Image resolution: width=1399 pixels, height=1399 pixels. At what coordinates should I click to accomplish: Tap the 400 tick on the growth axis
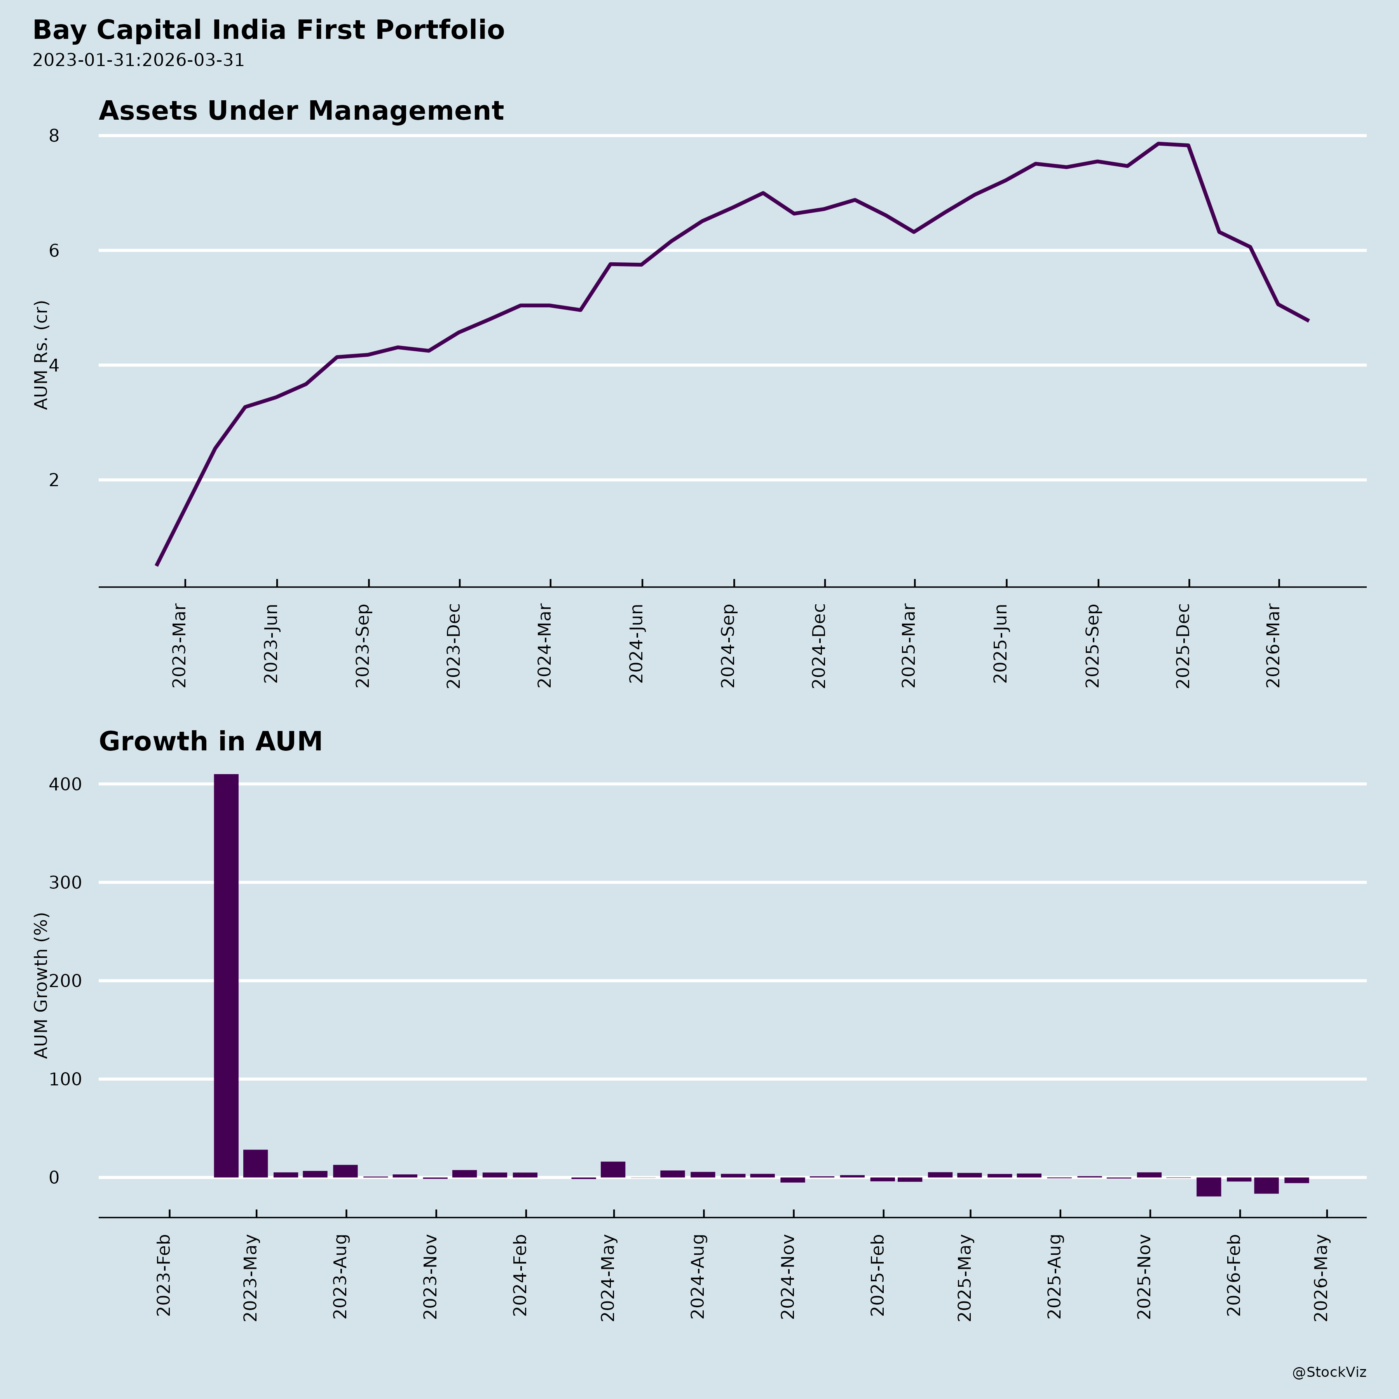tap(65, 784)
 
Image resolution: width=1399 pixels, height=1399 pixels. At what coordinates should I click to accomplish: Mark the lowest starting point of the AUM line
tap(157, 565)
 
